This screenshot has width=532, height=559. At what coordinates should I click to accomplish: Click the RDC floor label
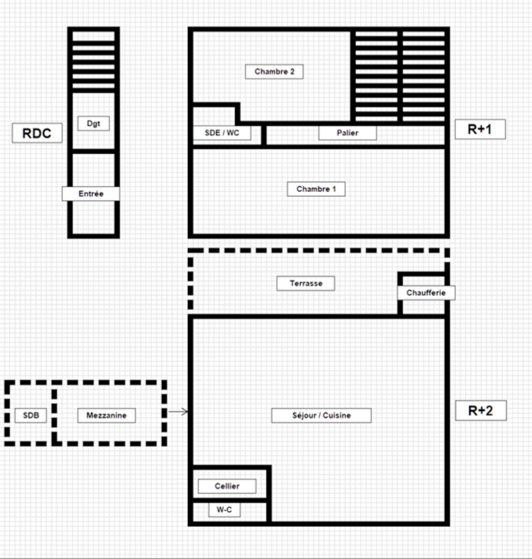tap(37, 133)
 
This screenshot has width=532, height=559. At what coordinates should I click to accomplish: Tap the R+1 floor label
tap(480, 129)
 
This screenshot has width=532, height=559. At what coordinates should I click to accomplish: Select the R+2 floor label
tap(481, 410)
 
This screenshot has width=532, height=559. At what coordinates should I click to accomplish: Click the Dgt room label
tap(94, 123)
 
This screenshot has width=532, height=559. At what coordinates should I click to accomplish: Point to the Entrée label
tap(91, 194)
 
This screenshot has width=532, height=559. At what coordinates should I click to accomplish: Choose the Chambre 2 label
tap(274, 72)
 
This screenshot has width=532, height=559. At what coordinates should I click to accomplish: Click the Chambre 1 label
tap(316, 189)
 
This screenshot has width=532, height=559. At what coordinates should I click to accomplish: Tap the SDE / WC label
tap(222, 133)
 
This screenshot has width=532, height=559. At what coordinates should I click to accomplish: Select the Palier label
tap(348, 133)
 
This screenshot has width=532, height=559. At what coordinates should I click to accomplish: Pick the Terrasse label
tap(306, 283)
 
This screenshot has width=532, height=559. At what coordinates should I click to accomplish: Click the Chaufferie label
tap(426, 292)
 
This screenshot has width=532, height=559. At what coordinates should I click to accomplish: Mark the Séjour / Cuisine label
tap(321, 416)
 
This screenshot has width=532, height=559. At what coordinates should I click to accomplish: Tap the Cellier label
tap(227, 486)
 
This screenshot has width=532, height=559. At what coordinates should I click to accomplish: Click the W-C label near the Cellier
tap(224, 509)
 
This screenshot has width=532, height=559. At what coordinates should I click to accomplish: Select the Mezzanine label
tap(106, 416)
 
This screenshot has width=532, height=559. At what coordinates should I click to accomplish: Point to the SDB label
tap(31, 416)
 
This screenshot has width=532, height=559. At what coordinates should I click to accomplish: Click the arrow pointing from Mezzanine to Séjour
tap(178, 412)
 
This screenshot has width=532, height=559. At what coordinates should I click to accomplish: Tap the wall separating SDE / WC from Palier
tap(264, 135)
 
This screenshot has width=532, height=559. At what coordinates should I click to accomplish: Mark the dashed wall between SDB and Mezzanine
tap(54, 413)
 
